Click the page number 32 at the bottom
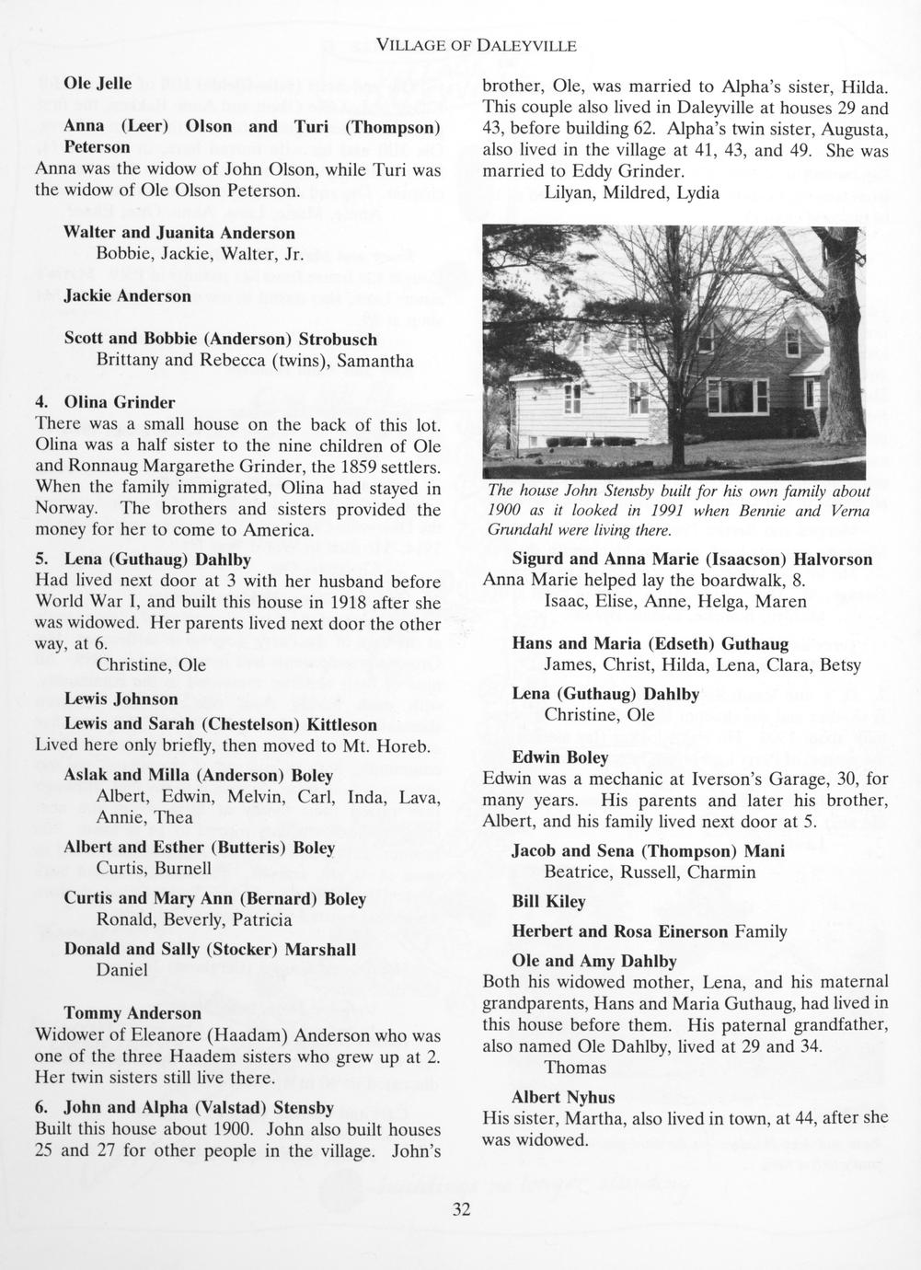click(461, 1210)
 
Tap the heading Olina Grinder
click(119, 402)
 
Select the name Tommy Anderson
click(132, 1013)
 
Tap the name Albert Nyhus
click(563, 1097)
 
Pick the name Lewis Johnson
click(121, 698)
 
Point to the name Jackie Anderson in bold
click(128, 296)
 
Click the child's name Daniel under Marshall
click(122, 970)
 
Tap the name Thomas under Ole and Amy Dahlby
click(575, 1068)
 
